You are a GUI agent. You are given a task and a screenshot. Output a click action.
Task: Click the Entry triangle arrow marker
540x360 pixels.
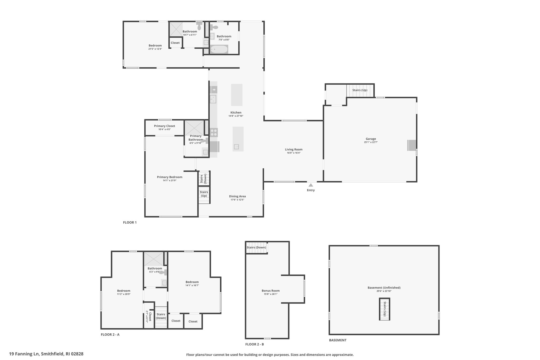[311, 185]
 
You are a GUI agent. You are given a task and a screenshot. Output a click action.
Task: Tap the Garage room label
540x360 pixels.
[371, 139]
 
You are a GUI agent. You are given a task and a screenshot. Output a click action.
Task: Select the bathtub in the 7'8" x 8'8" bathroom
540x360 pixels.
[219, 49]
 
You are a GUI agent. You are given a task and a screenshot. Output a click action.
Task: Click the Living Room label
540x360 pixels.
[294, 150]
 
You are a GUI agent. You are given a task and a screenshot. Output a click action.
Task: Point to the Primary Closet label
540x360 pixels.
[165, 126]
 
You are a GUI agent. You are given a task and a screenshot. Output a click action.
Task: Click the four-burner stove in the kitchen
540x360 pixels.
[214, 132]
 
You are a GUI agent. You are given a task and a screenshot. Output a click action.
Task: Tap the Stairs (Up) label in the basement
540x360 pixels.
[385, 309]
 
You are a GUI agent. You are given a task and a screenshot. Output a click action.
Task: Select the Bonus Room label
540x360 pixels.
[271, 291]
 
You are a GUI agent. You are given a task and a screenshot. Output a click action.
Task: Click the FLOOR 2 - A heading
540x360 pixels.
[110, 335]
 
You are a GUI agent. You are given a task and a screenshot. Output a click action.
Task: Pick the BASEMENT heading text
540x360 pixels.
[338, 340]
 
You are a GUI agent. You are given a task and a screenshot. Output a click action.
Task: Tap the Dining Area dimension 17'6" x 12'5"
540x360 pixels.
[237, 200]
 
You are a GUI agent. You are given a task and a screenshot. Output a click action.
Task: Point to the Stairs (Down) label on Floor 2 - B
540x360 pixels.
[256, 247]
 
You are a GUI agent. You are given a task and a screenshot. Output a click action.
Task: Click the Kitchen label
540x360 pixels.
[236, 113]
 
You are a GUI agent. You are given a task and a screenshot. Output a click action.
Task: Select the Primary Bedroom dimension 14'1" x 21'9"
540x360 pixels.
[170, 180]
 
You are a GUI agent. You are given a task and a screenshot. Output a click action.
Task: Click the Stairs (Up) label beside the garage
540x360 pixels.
[360, 90]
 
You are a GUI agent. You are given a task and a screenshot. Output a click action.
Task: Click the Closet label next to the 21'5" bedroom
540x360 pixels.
[175, 43]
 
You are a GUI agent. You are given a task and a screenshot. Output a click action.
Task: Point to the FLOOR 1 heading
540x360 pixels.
[130, 223]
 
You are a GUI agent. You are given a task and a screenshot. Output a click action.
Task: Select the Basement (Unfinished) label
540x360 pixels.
[384, 288]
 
